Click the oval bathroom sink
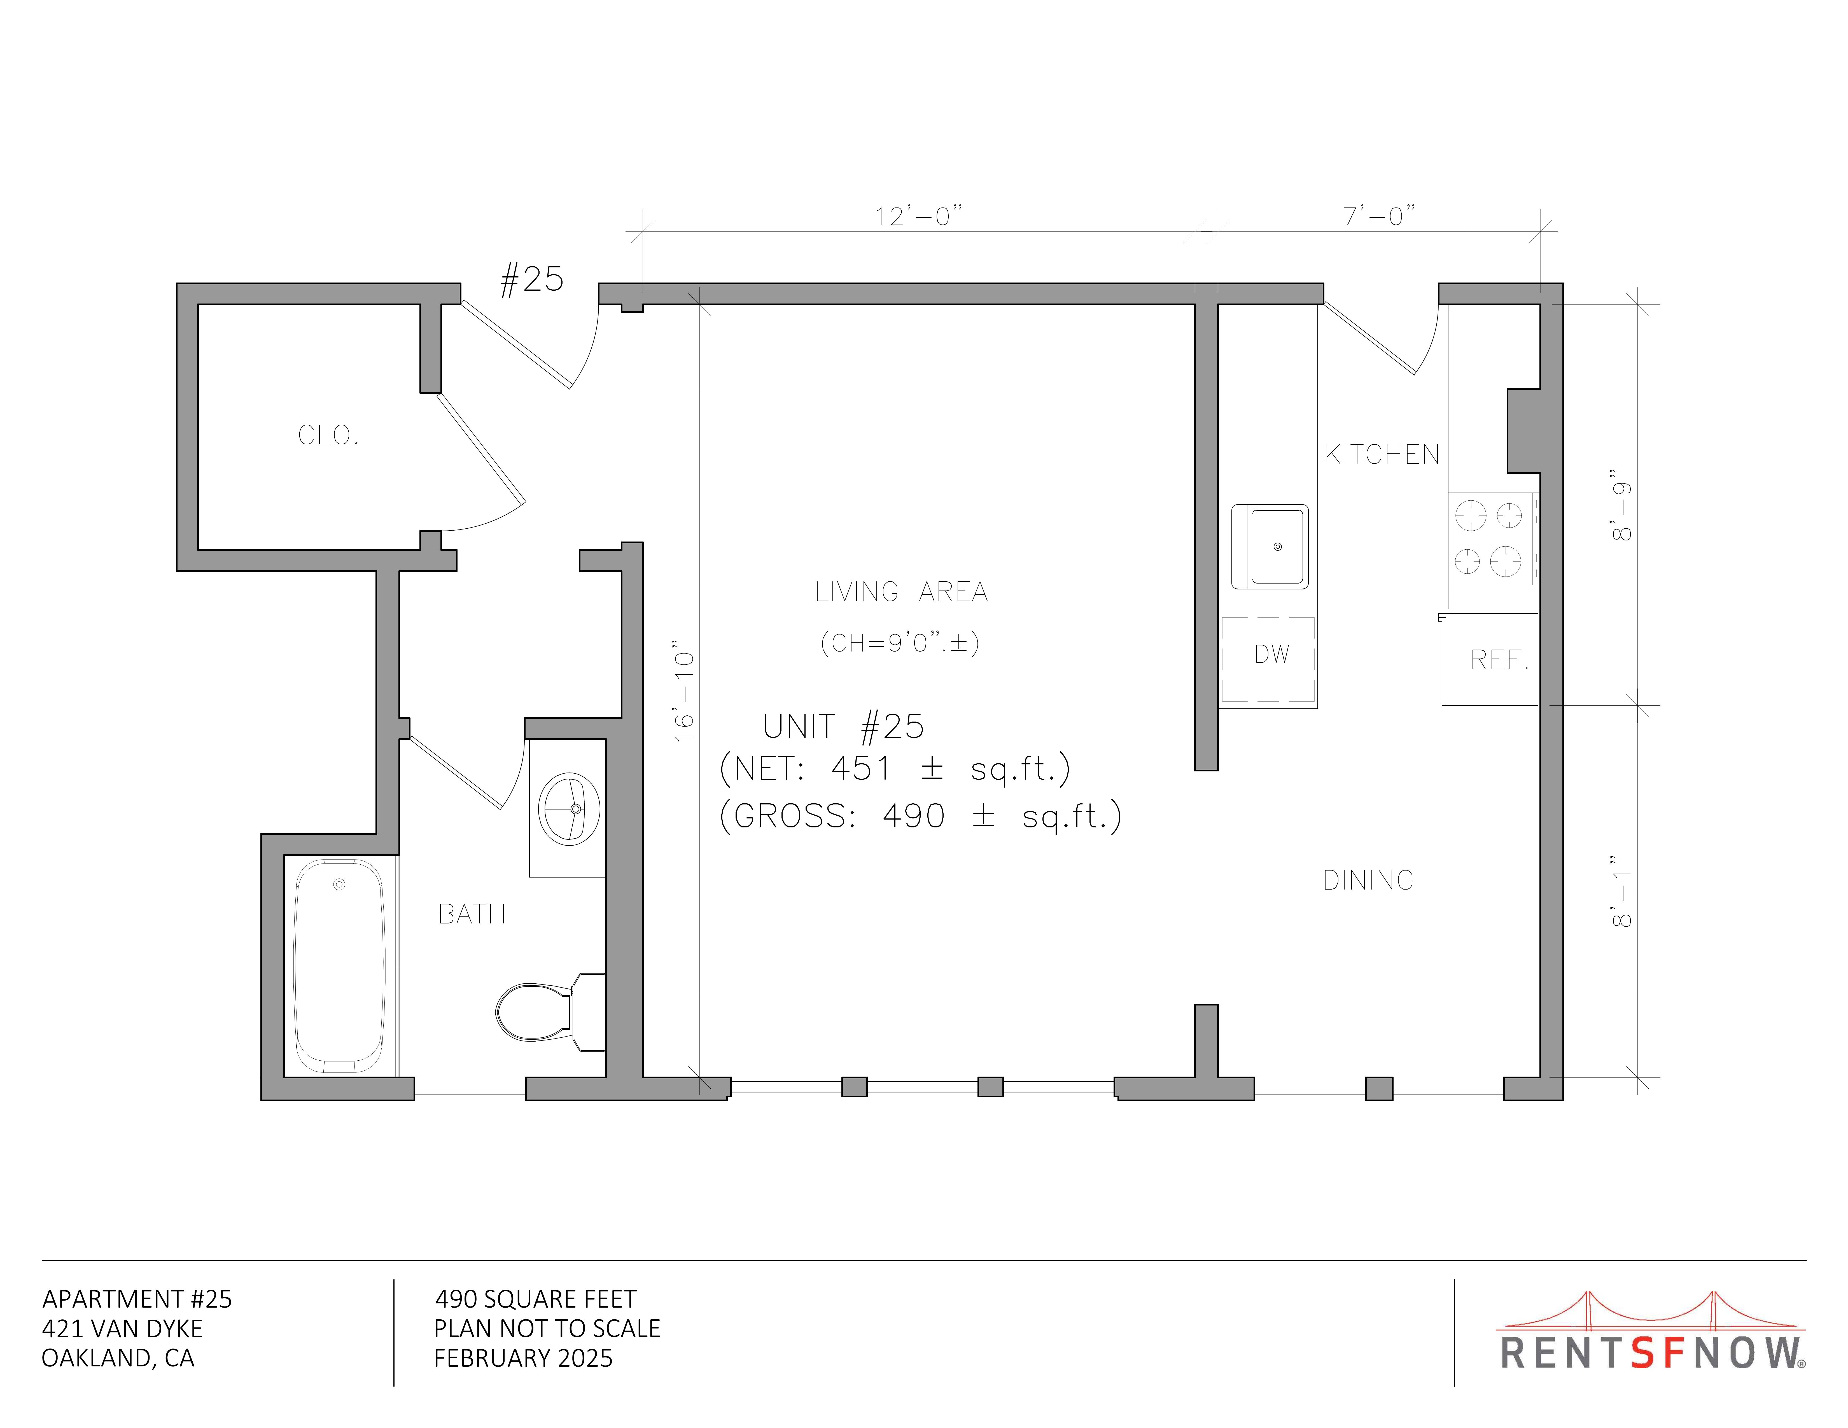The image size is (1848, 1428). click(570, 809)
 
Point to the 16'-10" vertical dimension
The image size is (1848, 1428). click(684, 691)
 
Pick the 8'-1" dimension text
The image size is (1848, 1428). click(1621, 890)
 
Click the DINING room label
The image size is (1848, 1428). click(1368, 881)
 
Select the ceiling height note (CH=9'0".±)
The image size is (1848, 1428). click(899, 643)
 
